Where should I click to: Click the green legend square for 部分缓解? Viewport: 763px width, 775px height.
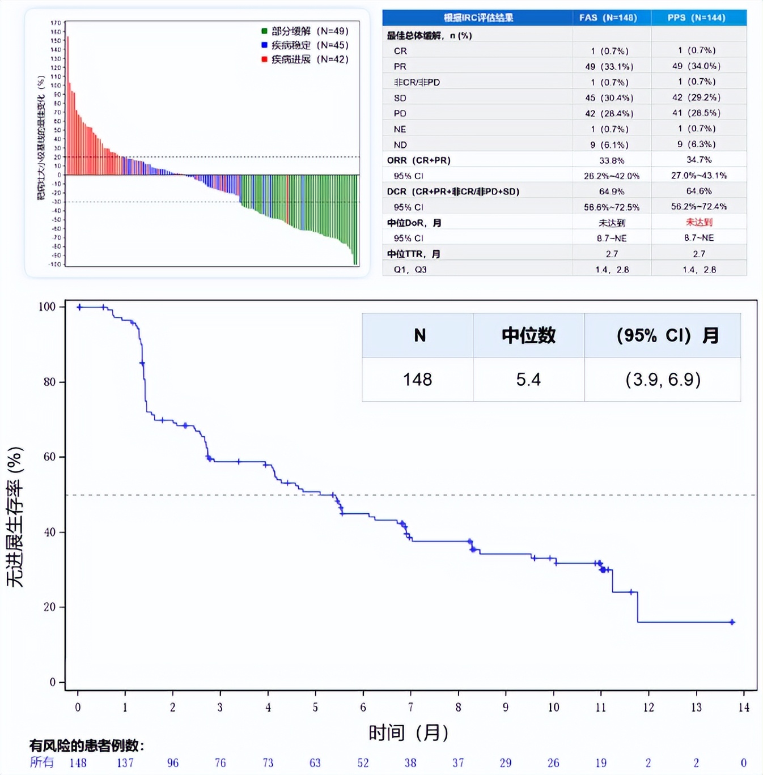click(264, 31)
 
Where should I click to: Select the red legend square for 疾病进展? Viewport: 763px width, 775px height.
click(264, 59)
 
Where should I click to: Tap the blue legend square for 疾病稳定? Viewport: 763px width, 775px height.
click(264, 45)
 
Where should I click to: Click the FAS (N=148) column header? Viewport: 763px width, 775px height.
click(608, 18)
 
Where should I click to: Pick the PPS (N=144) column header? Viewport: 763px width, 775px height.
click(696, 18)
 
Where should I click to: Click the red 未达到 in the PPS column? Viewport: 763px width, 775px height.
click(699, 222)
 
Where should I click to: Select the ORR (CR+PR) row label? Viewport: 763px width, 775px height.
click(418, 160)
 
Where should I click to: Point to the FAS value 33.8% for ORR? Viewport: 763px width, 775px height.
click(612, 160)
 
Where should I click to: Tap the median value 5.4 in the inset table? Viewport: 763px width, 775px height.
click(528, 380)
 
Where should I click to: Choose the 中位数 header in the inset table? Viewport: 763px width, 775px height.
click(528, 335)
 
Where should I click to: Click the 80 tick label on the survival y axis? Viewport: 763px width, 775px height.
click(50, 382)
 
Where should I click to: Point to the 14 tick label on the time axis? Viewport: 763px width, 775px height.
click(744, 707)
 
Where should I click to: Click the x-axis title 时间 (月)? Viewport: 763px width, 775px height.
click(408, 733)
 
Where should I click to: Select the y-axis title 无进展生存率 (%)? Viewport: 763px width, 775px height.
click(15, 517)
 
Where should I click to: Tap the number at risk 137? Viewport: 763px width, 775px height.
click(125, 763)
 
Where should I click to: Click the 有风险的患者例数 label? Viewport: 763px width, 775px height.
click(87, 746)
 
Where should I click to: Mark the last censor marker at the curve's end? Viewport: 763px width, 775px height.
click(732, 622)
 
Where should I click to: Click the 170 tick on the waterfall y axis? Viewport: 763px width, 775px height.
click(56, 23)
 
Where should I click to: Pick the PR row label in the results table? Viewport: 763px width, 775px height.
click(400, 66)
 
